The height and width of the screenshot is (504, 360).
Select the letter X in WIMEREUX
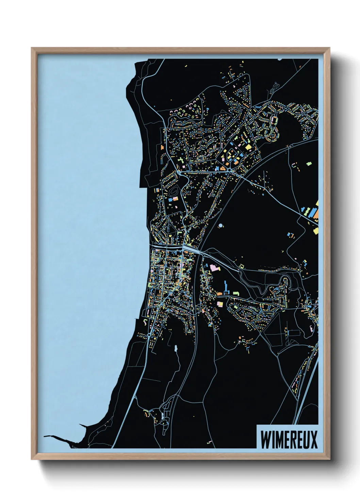[x=314, y=440]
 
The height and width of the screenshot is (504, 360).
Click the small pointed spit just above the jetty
[x=83, y=426]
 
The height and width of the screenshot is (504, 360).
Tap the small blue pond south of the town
[x=176, y=349]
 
